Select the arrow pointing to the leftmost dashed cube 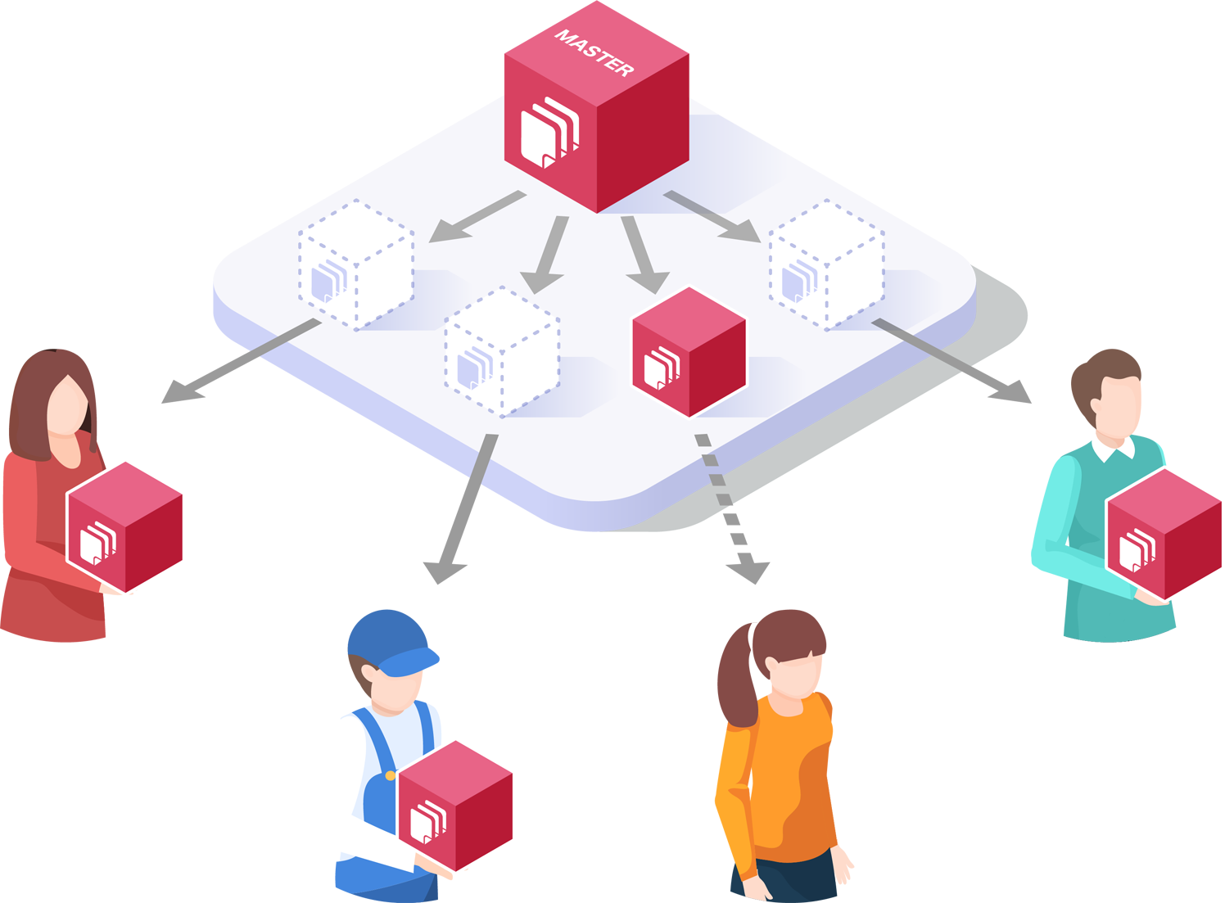(476, 217)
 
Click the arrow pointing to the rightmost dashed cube (712, 216)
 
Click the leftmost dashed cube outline (356, 264)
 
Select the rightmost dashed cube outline (826, 264)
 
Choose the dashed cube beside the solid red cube (502, 352)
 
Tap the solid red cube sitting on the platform (689, 352)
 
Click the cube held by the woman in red (124, 526)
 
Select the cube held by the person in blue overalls (455, 806)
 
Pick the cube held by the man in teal (1164, 534)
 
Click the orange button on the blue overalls (391, 775)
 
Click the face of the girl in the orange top (791, 676)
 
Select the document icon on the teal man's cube (1136, 549)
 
